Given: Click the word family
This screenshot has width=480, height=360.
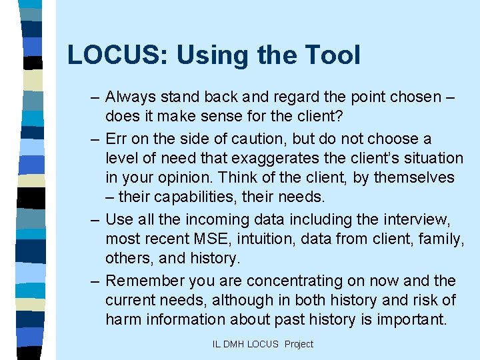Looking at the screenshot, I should [x=436, y=239].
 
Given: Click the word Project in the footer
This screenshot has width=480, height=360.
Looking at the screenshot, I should [x=299, y=344].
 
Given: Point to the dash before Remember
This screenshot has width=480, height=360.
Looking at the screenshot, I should [x=95, y=281].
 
